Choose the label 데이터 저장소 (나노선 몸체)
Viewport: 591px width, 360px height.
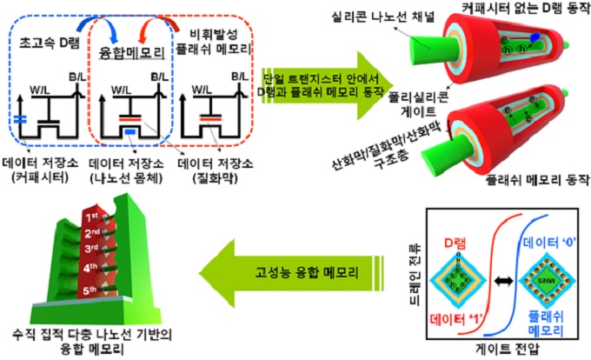click(130, 170)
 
